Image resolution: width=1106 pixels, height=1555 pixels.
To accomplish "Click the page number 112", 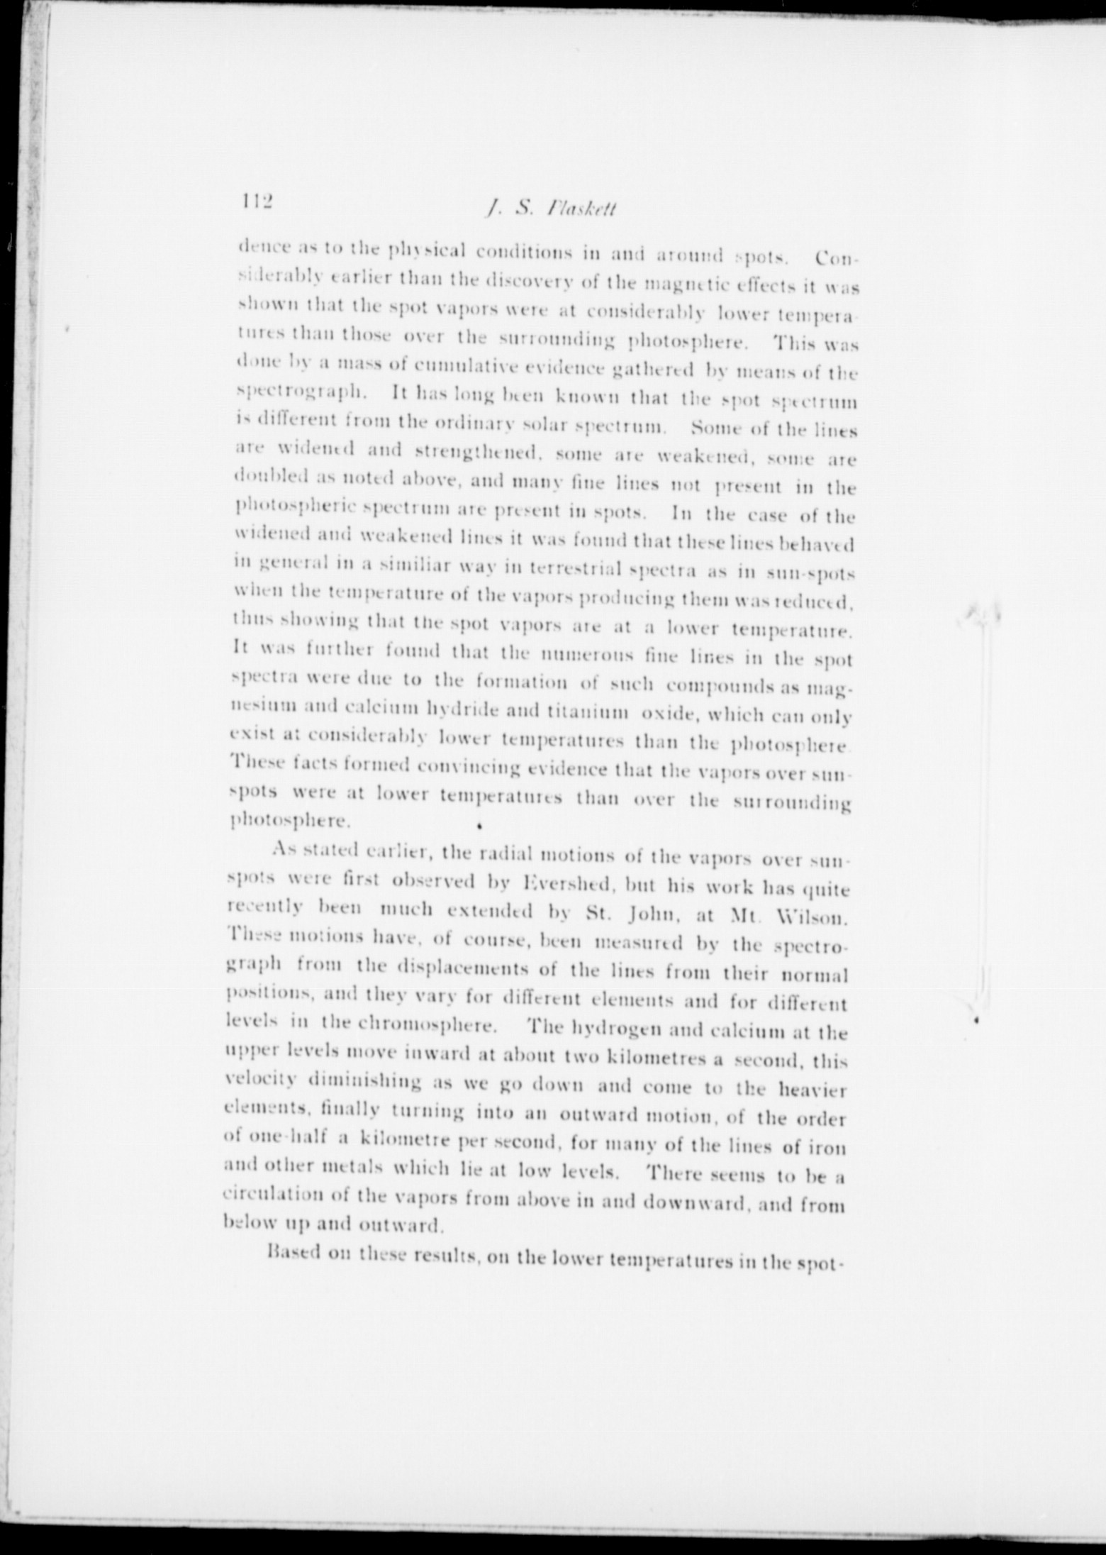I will click(x=252, y=201).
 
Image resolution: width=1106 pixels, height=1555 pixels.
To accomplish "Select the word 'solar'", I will click(x=545, y=427).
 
